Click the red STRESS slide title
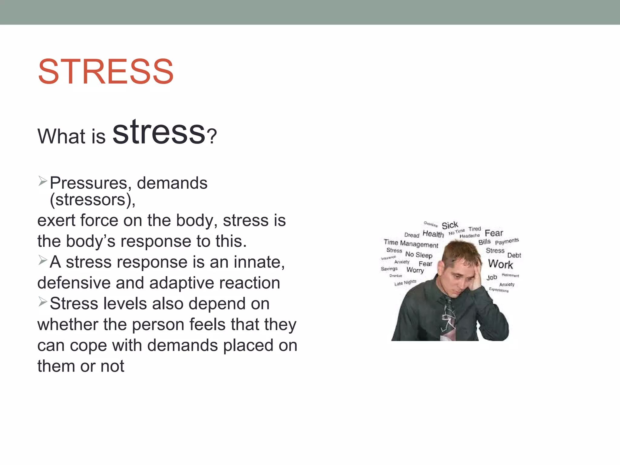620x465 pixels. coord(106,72)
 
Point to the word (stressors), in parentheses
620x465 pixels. coord(93,200)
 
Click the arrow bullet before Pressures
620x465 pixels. coord(43,181)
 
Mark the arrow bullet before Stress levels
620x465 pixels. coord(43,302)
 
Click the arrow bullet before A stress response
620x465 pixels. coord(43,260)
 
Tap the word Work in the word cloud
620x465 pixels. coord(500,264)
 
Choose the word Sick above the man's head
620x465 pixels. coord(450,225)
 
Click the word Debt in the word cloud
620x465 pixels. coord(514,255)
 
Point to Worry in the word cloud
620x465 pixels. coord(415,270)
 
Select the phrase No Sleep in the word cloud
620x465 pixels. coord(419,255)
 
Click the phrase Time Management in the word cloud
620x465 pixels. coord(411,243)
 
